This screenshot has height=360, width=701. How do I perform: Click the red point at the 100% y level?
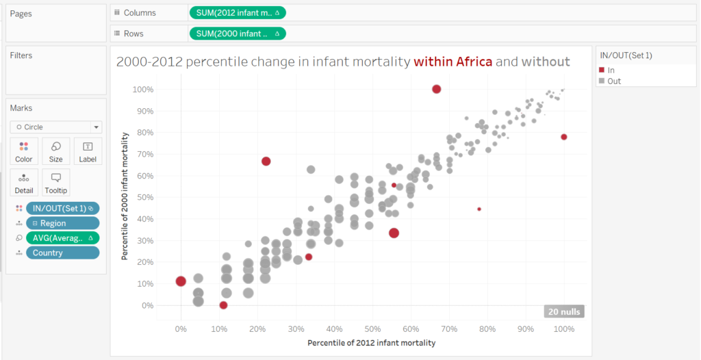coord(437,89)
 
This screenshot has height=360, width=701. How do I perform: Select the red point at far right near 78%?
coord(564,137)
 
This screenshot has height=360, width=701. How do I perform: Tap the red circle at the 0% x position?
coord(181,281)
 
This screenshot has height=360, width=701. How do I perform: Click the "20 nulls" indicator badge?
coord(564,311)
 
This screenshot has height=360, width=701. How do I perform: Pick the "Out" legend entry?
coord(613,81)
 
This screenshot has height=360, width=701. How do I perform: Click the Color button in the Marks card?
coord(24,151)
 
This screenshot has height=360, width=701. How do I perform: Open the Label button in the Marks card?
coord(88,151)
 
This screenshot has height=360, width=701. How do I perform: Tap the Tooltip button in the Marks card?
coord(56,183)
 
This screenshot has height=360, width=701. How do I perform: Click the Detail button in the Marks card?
coord(24,183)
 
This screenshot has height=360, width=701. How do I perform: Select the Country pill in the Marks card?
coord(62,253)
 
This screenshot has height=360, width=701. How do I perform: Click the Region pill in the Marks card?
coord(62,223)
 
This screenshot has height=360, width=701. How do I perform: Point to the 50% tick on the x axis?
coord(372,329)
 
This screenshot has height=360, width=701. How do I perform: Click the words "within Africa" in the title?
coord(453,62)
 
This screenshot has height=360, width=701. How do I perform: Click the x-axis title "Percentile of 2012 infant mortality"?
coord(372,342)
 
